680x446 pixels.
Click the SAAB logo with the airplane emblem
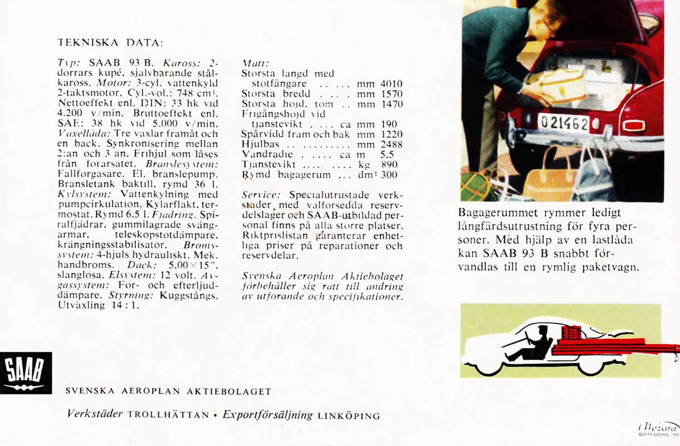tap(26, 373)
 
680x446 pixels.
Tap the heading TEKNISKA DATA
tap(111, 42)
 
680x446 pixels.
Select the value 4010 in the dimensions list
tap(391, 84)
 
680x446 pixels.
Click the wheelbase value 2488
tap(391, 144)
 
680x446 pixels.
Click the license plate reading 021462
tap(564, 122)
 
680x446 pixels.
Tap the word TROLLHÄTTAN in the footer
tap(168, 415)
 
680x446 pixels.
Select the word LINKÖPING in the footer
tap(349, 415)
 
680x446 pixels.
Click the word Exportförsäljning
tap(268, 414)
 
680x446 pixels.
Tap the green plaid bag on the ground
tap(478, 186)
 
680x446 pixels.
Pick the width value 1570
tap(391, 94)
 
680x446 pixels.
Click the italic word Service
tap(261, 195)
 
